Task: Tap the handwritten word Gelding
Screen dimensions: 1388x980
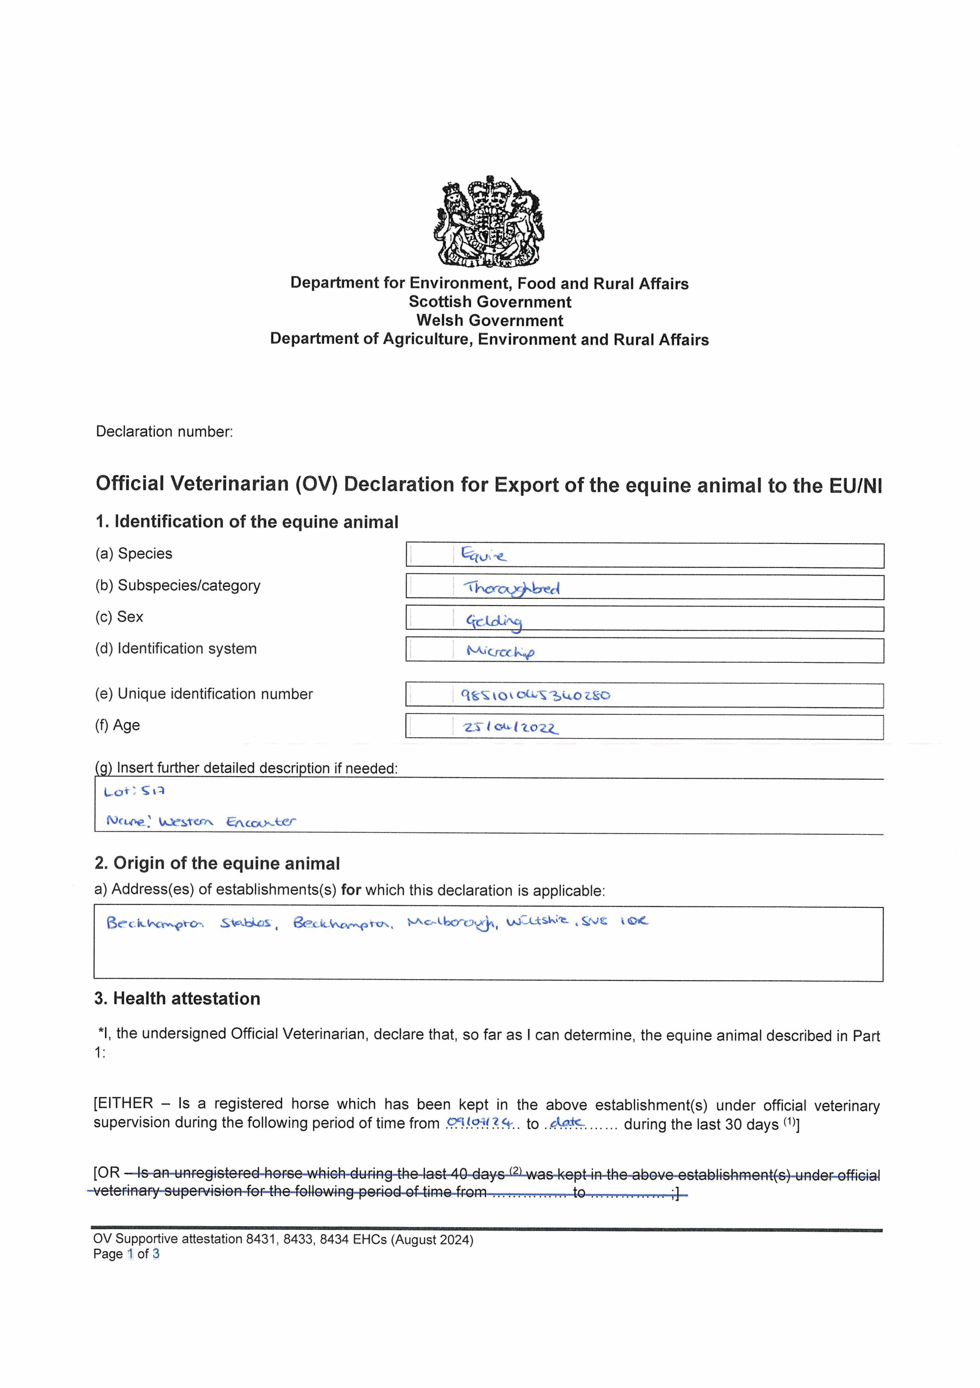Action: click(494, 622)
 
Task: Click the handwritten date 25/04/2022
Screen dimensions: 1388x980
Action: click(511, 727)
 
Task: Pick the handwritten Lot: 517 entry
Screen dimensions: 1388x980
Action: click(134, 791)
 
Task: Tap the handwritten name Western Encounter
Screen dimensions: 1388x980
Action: click(227, 821)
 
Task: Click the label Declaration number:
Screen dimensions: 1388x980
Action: click(164, 432)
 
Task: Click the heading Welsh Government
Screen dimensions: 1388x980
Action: click(489, 320)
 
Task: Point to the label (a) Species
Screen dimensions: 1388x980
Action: click(133, 554)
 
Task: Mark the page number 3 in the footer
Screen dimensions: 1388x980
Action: click(156, 1254)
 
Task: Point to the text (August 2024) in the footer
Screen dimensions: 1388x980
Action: click(432, 1239)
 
